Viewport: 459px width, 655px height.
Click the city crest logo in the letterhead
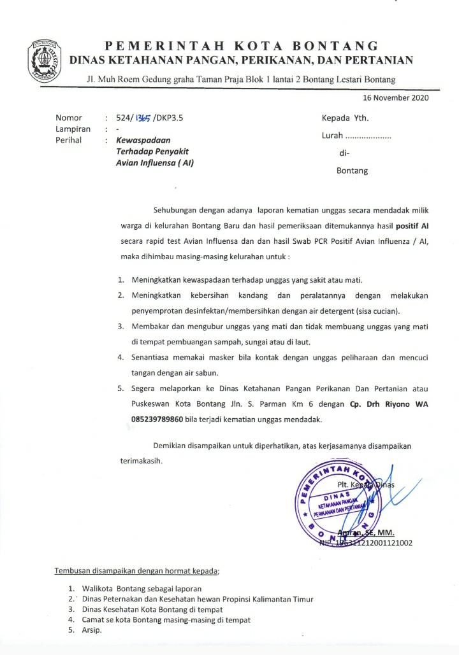(45, 59)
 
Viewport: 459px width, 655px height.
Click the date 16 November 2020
(395, 98)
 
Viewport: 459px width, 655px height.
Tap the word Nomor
(69, 118)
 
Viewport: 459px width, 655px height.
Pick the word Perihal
(69, 139)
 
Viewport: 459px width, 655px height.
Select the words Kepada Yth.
(345, 118)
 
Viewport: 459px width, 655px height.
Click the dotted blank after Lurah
(368, 136)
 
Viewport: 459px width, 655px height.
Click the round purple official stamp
(338, 503)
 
